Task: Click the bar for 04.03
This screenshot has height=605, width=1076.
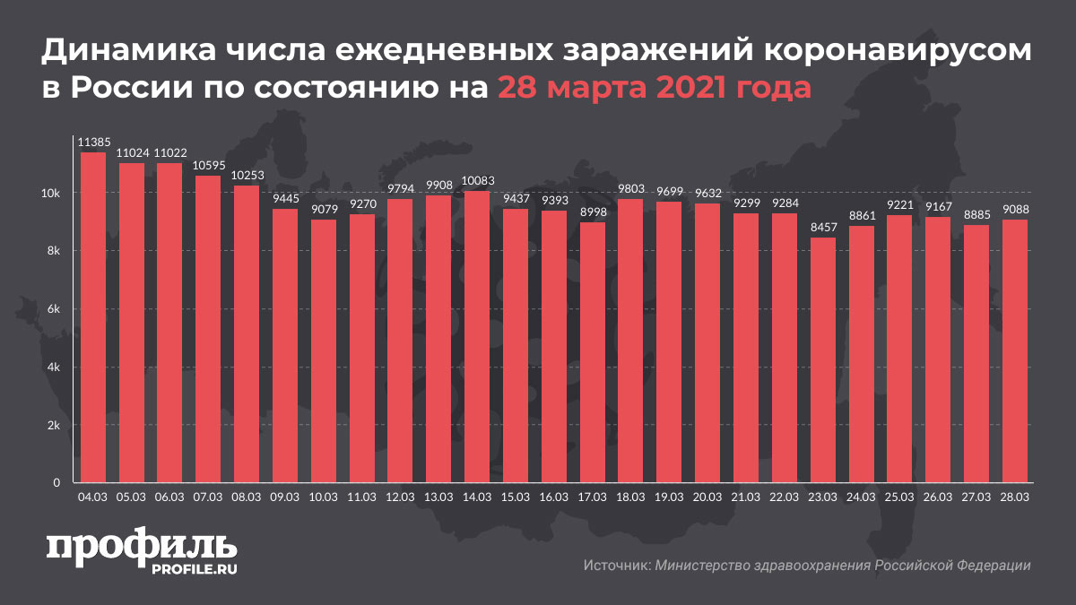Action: [93, 318]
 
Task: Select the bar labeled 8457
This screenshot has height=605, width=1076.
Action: [823, 360]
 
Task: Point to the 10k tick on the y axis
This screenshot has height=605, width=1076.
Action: [52, 193]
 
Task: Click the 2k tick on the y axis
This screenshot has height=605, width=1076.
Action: [54, 426]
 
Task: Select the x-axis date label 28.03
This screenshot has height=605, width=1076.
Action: [1015, 496]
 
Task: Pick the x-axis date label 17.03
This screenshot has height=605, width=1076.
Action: [592, 496]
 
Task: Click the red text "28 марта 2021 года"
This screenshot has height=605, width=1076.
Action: [655, 89]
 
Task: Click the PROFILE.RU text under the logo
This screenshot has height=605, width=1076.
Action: [187, 568]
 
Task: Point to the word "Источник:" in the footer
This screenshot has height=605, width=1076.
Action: [616, 566]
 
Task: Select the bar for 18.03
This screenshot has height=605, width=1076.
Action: [630, 341]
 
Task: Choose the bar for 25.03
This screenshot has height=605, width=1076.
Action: [899, 350]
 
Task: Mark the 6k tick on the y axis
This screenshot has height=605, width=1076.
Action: [54, 309]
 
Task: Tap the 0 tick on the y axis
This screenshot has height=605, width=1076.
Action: [56, 484]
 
